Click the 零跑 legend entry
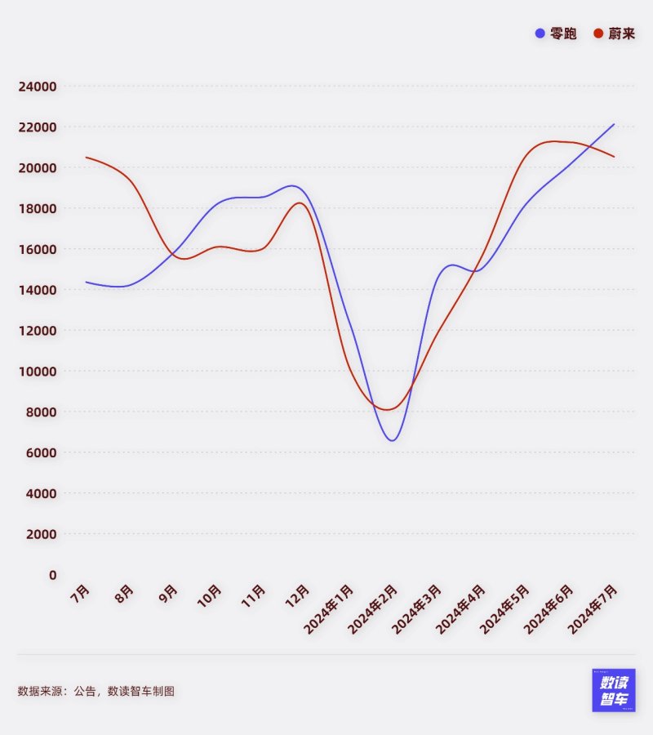tap(556, 33)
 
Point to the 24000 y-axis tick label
tap(38, 87)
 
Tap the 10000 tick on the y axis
tap(38, 372)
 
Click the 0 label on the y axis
tap(52, 575)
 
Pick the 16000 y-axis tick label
tap(38, 249)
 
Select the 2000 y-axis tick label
tap(42, 534)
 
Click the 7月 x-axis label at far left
tap(80, 594)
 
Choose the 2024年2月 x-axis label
tap(373, 609)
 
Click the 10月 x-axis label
tap(210, 595)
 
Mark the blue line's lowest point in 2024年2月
tap(393, 441)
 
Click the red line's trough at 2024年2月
tap(389, 409)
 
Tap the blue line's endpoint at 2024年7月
tap(614, 124)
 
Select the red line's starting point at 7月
tap(86, 158)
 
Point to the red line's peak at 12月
tap(300, 203)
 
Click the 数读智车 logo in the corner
tap(614, 691)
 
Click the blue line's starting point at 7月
tap(86, 282)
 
